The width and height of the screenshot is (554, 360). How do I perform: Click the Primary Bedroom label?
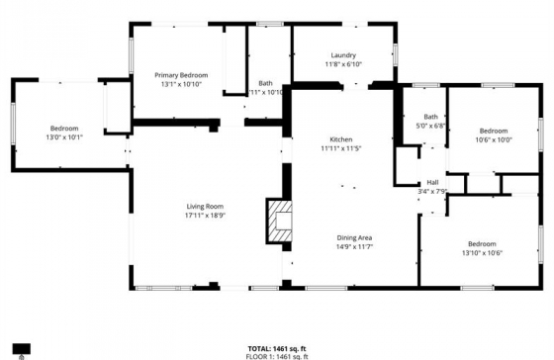pos(180,75)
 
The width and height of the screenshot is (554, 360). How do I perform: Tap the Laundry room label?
pos(343,55)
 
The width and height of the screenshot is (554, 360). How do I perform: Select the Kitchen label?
pos(340,139)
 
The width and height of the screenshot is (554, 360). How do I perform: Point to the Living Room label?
pos(205,206)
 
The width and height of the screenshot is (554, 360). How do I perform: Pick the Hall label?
pos(432,182)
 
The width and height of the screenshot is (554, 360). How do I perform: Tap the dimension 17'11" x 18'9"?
pos(205,215)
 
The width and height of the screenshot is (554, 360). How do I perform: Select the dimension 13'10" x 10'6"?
pos(482,252)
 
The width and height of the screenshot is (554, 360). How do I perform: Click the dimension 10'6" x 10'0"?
pos(494,139)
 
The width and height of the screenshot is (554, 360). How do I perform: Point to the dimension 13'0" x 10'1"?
pos(66,136)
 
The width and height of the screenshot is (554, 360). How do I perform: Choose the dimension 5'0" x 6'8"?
pos(431,126)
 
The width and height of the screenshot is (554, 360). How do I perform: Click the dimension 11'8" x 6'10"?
pos(343,64)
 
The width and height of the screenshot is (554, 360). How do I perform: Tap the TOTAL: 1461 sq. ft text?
pos(276,347)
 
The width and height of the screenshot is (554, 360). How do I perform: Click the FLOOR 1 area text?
pos(276,355)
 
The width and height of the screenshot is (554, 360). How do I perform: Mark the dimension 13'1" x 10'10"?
pos(180,84)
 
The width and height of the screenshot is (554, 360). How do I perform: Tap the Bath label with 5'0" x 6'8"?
pos(431,117)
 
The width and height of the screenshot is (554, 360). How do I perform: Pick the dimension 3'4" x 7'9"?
pos(432,191)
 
